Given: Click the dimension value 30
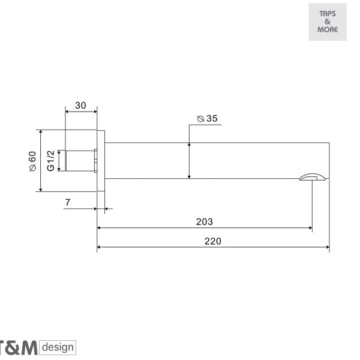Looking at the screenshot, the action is [x=80, y=106].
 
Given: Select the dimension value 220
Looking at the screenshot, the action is [x=213, y=241].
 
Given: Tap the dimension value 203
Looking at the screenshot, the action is [x=205, y=222].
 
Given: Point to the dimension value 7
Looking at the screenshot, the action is [x=67, y=202].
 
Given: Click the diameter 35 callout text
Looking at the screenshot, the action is [x=207, y=118].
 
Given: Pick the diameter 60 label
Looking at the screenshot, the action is [x=32, y=161].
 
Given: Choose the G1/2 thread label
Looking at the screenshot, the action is [x=50, y=161].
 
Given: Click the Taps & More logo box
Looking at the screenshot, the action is [x=328, y=22].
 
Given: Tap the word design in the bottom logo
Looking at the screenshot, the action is [x=58, y=347].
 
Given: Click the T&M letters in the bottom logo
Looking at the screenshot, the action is [x=19, y=348].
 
